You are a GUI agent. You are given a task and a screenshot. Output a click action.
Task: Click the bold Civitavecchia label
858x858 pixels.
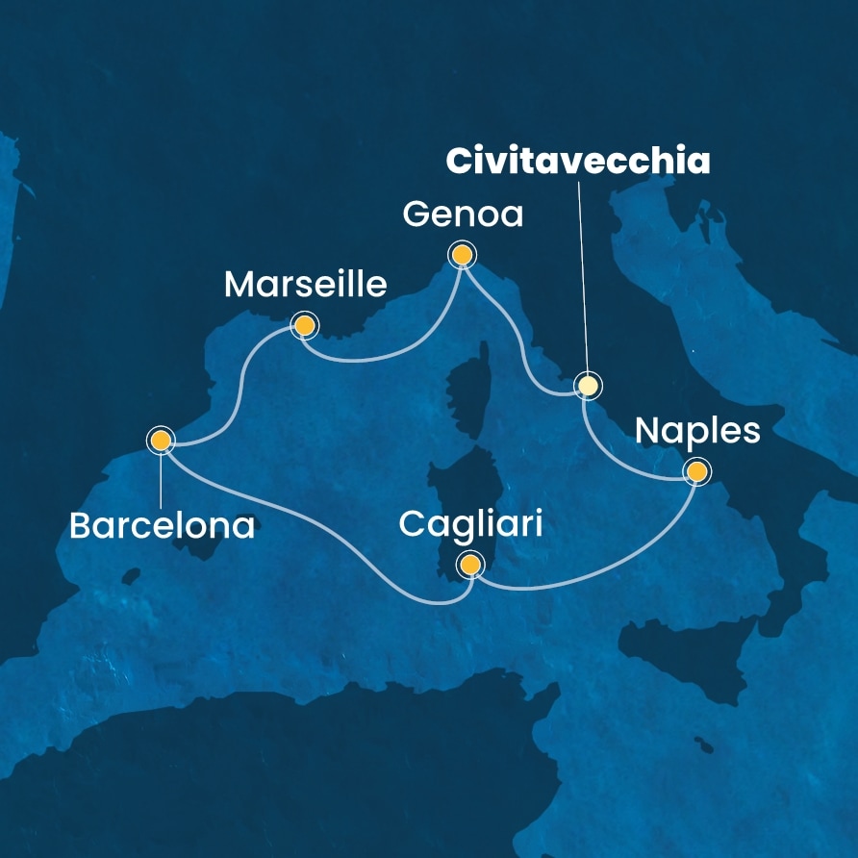[577, 162]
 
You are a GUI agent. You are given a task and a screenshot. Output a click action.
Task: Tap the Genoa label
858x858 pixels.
[463, 214]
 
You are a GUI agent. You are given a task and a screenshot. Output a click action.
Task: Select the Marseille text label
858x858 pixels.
[305, 285]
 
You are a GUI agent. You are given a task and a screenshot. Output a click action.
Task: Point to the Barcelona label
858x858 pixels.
[162, 525]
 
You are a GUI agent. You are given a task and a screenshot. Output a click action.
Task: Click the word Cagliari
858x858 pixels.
[470, 525]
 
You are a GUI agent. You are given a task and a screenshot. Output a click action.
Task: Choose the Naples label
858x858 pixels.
[697, 431]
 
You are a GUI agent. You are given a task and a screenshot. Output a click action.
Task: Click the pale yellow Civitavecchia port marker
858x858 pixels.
[587, 386]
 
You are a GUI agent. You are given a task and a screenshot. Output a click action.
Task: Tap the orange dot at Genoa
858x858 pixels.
[463, 254]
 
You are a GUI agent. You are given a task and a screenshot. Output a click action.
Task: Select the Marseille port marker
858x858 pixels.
[305, 326]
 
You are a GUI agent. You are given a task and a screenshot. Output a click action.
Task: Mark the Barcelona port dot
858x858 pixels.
[160, 440]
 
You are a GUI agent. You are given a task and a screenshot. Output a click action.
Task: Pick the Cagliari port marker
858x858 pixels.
[470, 565]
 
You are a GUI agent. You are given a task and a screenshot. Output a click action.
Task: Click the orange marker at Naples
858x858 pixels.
[695, 471]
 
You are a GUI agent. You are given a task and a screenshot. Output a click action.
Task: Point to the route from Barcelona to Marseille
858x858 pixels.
[237, 385]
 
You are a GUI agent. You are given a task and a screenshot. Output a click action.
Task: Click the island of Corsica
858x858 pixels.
[466, 394]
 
